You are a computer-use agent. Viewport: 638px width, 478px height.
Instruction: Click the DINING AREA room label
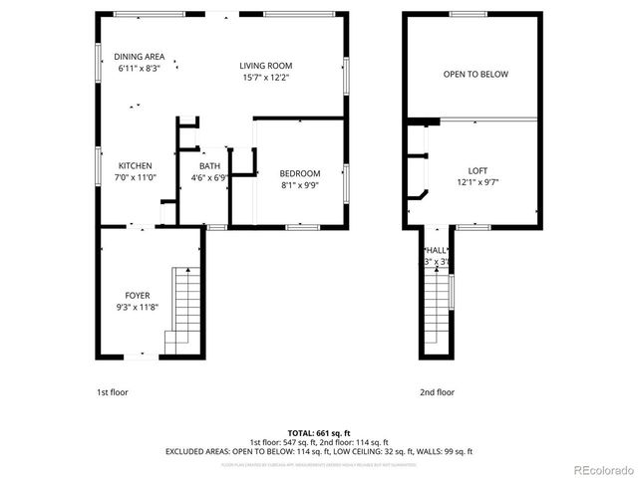139,57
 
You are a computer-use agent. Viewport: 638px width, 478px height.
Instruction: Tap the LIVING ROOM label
265,66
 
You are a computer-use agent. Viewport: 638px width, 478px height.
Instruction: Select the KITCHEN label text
136,166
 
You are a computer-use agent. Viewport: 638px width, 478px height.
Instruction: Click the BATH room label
209,166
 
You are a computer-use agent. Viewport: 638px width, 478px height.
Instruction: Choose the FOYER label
138,296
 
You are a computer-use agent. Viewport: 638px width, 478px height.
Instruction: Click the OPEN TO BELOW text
476,75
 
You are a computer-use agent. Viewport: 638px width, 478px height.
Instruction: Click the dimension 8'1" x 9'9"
299,185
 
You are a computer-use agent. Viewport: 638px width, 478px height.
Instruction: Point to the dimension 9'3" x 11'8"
138,308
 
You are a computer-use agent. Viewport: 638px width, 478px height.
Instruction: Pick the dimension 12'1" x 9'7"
477,182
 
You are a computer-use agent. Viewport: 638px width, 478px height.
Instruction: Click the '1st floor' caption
112,392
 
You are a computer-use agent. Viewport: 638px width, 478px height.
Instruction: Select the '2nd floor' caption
437,392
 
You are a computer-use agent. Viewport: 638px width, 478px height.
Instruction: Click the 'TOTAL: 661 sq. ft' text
318,433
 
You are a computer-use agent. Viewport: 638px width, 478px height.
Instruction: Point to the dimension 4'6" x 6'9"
209,178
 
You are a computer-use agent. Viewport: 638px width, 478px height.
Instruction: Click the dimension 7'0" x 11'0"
136,178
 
